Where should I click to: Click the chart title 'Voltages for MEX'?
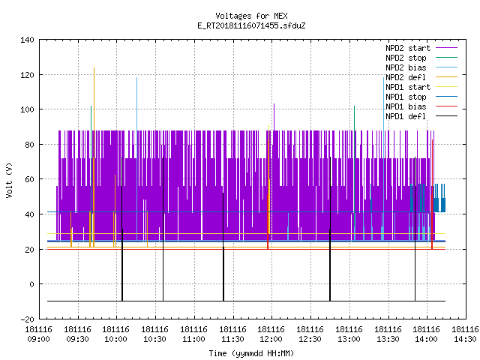click(251, 16)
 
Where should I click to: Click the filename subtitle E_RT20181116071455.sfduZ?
click(251, 25)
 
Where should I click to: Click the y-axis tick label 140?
click(27, 40)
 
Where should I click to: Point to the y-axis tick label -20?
click(27, 319)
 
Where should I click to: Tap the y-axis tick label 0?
click(31, 284)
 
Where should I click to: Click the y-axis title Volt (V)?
click(9, 181)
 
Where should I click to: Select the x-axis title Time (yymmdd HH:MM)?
click(251, 353)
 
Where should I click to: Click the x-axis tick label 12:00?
click(271, 339)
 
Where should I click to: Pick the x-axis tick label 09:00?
click(38, 339)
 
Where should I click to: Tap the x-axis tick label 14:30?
click(465, 339)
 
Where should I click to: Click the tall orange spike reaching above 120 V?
click(94, 157)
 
